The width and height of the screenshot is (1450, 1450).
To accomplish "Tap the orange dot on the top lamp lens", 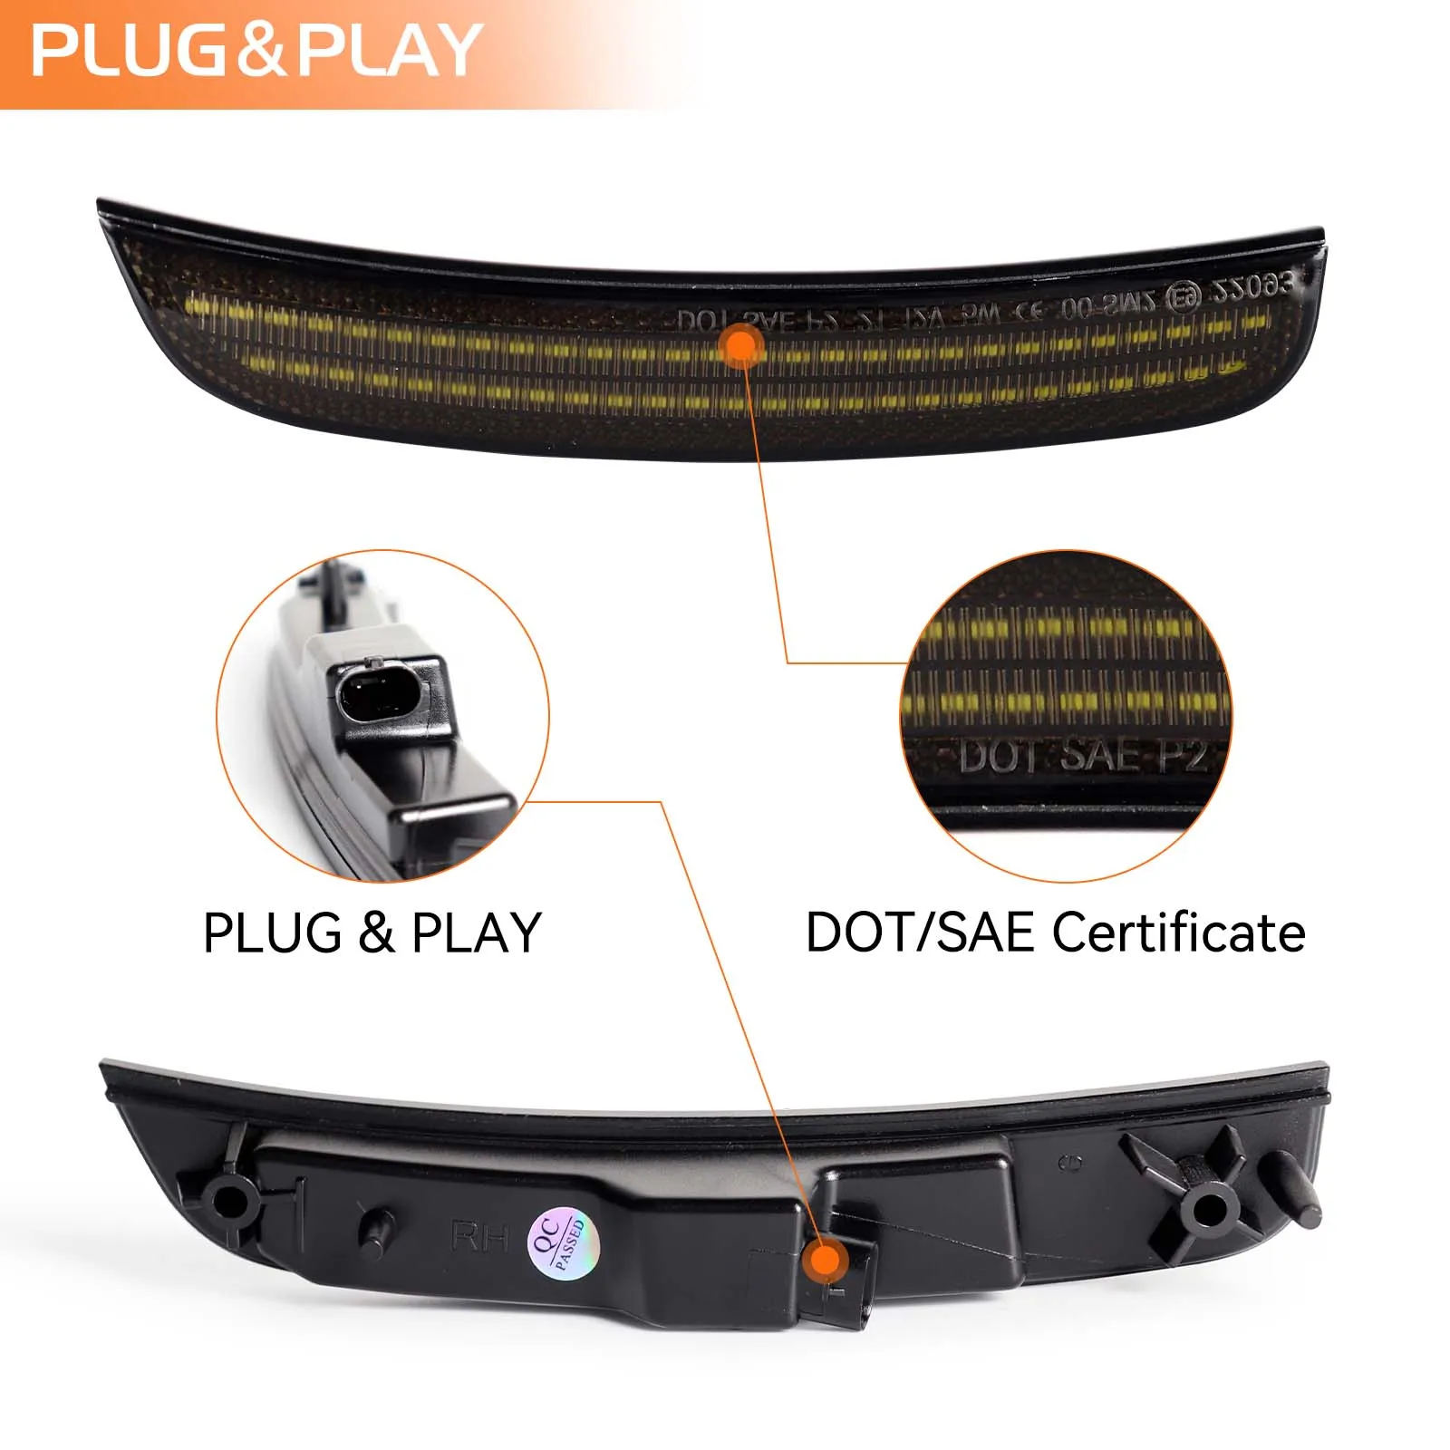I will [742, 345].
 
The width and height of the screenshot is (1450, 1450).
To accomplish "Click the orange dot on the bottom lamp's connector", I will [826, 1260].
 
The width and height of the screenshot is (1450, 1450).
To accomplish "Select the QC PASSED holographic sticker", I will [563, 1240].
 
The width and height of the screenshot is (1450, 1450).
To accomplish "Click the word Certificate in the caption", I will [1179, 933].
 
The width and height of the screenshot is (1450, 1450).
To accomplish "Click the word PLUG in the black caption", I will [273, 933].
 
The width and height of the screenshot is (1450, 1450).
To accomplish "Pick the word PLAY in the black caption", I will [477, 933].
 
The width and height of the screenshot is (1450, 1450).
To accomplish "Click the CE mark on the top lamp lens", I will [1028, 311].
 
